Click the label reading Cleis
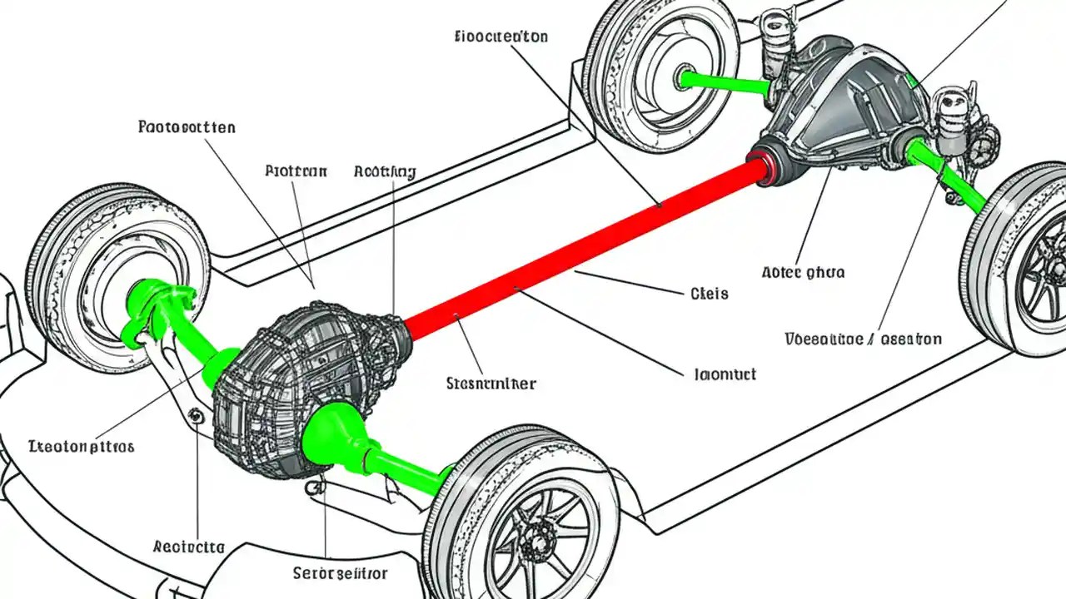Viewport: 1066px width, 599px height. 710,294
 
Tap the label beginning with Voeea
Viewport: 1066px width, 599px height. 864,339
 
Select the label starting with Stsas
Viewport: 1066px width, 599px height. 491,384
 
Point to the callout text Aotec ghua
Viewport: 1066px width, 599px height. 803,272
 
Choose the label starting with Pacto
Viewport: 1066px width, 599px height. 186,127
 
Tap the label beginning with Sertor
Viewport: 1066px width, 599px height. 340,574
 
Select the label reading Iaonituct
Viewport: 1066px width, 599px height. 725,374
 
